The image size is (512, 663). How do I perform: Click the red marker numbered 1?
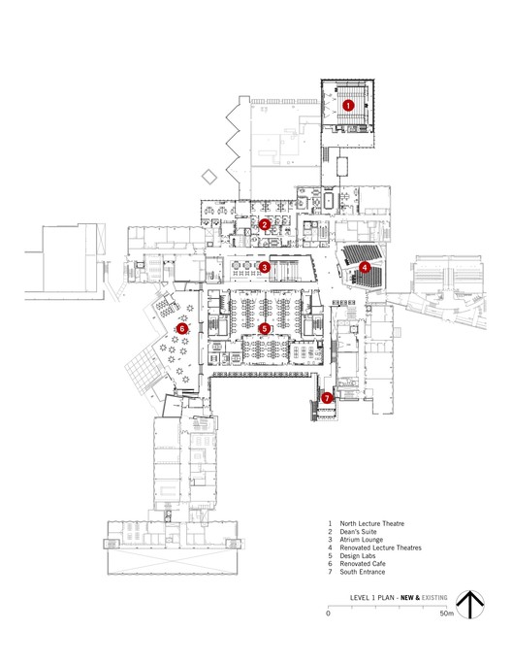point(348,104)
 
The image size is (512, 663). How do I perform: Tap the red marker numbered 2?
point(265,224)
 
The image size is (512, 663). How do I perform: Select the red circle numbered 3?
point(265,267)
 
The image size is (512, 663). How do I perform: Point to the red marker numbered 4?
point(365,266)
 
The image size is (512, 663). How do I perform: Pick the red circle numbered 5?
point(265,328)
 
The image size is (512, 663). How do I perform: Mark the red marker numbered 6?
point(181,328)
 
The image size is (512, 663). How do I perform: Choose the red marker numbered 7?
point(327,397)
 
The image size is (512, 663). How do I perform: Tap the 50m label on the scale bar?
point(445,614)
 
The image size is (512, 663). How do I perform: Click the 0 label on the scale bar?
point(328,614)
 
